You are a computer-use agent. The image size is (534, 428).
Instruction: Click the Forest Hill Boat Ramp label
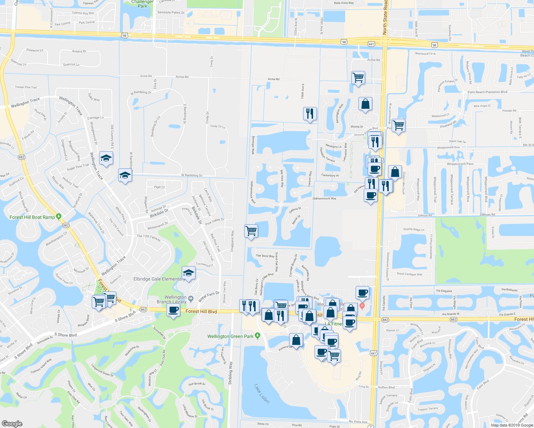pyautogui.click(x=32, y=217)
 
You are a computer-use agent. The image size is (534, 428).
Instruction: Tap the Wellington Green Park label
pyautogui.click(x=230, y=336)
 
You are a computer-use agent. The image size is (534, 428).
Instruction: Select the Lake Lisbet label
pyautogui.click(x=262, y=393)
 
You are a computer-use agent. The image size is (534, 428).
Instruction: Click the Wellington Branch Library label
pyautogui.click(x=172, y=299)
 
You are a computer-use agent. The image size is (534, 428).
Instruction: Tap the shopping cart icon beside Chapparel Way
pyautogui.click(x=251, y=231)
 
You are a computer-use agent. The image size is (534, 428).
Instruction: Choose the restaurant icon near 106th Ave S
pyautogui.click(x=310, y=113)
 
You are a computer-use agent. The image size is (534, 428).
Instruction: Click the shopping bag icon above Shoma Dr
pyautogui.click(x=365, y=104)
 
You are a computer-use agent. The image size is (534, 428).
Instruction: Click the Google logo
pyautogui.click(x=12, y=423)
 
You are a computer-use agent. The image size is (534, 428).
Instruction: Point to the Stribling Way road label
pyautogui.click(x=230, y=373)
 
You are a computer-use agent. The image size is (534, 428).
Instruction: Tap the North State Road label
pyautogui.click(x=385, y=17)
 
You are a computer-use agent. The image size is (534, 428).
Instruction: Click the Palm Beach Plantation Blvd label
pyautogui.click(x=487, y=92)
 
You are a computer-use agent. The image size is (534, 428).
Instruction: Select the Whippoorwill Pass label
pyautogui.click(x=460, y=164)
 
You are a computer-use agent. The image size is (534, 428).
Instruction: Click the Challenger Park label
pyautogui.click(x=142, y=4)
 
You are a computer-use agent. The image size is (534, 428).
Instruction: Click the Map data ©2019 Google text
pyautogui.click(x=512, y=425)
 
